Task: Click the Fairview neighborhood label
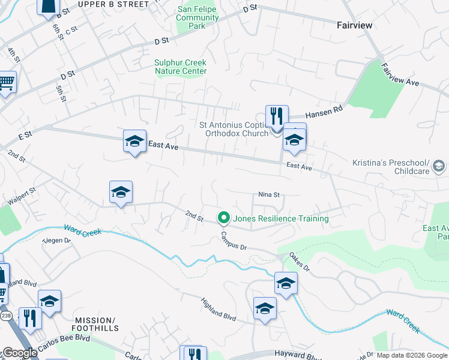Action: (x=354, y=25)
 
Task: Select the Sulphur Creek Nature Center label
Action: (x=181, y=67)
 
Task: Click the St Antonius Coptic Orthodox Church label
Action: (x=234, y=129)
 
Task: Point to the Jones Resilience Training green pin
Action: (x=224, y=218)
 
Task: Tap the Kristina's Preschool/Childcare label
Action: (x=390, y=167)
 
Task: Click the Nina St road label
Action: (x=270, y=194)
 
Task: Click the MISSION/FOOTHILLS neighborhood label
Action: (x=95, y=324)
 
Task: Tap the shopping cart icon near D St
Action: (x=7, y=82)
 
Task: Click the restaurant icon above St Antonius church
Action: (x=277, y=116)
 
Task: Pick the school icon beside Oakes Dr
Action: (x=286, y=283)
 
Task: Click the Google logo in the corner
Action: (x=19, y=353)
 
